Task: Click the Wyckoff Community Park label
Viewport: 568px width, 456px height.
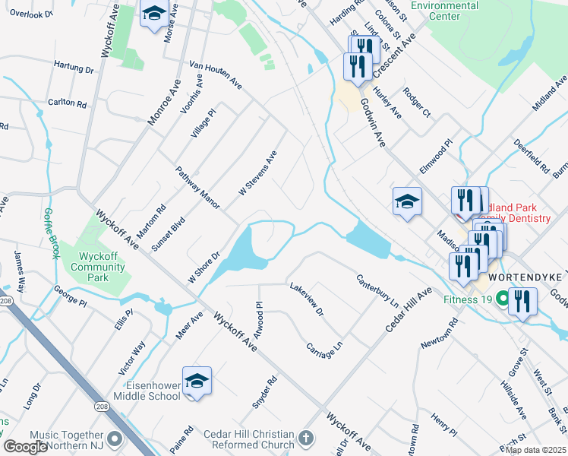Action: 98,261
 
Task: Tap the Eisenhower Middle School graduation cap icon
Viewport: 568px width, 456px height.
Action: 197,381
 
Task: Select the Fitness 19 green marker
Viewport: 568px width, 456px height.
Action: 500,299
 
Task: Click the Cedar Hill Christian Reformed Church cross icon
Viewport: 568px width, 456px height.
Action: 305,439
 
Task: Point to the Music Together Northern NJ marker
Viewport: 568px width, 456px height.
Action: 115,439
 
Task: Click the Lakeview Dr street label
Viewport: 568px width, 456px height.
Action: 306,299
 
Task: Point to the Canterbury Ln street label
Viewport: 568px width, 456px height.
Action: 378,290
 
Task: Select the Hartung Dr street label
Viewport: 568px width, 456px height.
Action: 73,68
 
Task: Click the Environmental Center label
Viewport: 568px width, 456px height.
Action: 444,10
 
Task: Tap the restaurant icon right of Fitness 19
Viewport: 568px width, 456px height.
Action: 522,302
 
